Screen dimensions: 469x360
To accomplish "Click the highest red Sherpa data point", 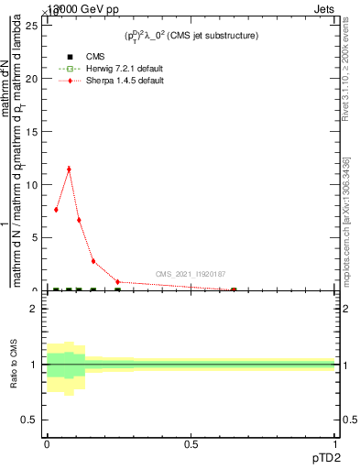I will [69, 169].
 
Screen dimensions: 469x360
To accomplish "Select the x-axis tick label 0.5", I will [191, 444].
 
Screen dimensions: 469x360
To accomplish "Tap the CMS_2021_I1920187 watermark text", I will [190, 274].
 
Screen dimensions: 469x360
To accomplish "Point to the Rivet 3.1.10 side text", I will [346, 73].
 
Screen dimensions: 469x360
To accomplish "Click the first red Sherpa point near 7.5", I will [56, 210].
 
